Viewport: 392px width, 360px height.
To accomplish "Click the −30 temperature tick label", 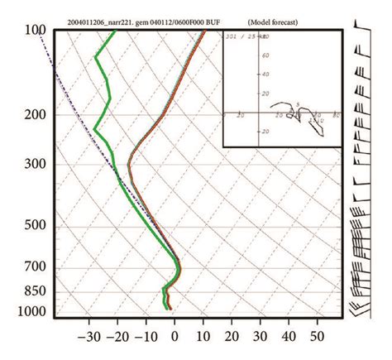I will tap(88, 337).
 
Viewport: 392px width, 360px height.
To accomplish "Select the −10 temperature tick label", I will tap(146, 337).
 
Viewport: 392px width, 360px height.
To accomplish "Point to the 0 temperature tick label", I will tap(174, 337).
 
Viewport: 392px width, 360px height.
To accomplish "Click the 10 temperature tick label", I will tap(203, 337).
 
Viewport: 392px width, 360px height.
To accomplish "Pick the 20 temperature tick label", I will tap(232, 337).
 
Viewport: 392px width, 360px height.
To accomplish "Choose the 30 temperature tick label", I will tap(260, 337).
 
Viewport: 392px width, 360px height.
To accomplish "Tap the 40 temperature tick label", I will tap(289, 337).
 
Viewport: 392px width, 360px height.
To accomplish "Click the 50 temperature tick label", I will tap(317, 337).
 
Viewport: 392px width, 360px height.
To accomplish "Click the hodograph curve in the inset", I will tap(299, 112).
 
